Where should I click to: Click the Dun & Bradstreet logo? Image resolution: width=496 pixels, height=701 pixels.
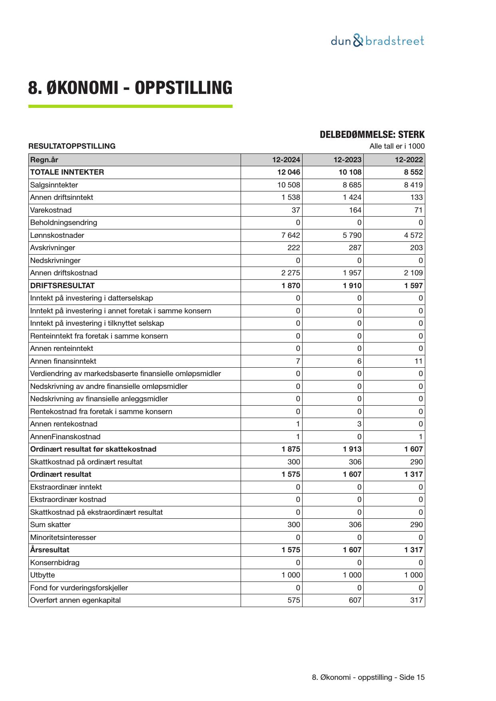tap(377, 41)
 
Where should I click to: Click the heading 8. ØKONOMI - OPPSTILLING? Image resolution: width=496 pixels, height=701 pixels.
tap(130, 88)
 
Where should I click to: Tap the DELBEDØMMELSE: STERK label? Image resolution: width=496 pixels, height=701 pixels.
tap(372, 135)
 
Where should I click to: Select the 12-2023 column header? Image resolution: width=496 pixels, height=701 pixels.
tap(347, 160)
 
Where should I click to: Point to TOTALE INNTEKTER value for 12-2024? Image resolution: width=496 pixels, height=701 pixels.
tap(286, 172)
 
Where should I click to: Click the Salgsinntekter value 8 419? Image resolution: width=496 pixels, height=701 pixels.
tap(413, 185)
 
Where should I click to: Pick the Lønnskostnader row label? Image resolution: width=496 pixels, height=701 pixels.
tap(57, 235)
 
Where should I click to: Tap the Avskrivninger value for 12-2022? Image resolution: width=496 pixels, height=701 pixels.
tap(416, 248)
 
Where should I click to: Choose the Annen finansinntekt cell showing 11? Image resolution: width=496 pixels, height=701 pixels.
tap(418, 361)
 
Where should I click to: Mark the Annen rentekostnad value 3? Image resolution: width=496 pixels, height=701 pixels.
tap(359, 424)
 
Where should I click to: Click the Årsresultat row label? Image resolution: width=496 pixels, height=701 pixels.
tap(50, 550)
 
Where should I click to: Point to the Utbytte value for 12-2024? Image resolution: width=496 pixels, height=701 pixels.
tap(291, 575)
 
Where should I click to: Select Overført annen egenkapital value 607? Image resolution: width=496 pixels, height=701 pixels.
tap(355, 600)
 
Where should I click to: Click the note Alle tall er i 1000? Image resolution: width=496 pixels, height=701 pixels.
tap(397, 146)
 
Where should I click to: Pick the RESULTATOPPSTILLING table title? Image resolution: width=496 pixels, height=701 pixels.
tap(72, 146)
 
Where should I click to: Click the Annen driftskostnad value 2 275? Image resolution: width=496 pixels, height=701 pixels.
tap(291, 273)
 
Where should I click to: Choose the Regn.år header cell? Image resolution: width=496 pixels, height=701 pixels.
tap(44, 160)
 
